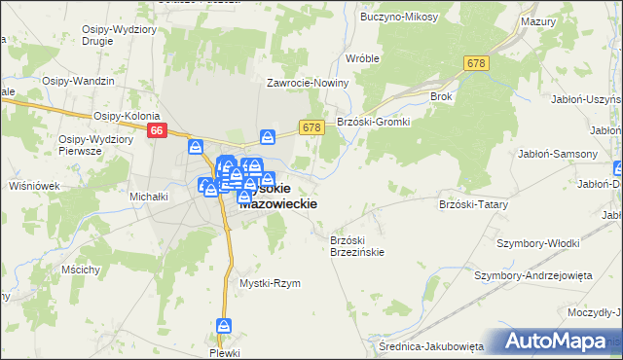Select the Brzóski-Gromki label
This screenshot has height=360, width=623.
(374, 122)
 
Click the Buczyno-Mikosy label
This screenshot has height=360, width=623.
(396, 17)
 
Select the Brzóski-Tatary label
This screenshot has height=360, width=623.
(474, 204)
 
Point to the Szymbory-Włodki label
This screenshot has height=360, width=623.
(538, 242)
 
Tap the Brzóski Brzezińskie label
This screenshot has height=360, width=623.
(357, 245)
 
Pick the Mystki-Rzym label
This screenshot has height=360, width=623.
(270, 283)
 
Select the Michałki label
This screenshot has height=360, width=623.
(150, 196)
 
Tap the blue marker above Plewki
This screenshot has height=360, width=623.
(224, 327)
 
